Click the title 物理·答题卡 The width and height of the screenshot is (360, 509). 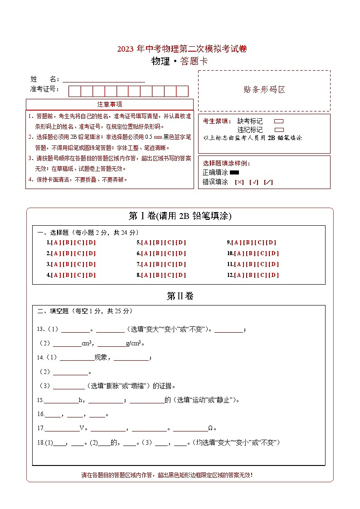tap(180, 62)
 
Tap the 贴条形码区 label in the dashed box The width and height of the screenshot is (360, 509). tap(264, 90)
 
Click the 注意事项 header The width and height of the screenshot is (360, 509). tap(110, 105)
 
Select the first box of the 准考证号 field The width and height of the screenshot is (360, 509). tap(74, 91)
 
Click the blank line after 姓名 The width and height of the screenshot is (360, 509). tap(103, 79)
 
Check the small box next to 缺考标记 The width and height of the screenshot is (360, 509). tap(279, 121)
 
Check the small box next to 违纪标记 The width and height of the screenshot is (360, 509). tap(279, 130)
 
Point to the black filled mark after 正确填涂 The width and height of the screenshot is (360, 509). tap(234, 172)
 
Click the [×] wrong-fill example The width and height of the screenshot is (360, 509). tap(239, 182)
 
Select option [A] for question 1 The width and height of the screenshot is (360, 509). tap(56, 242)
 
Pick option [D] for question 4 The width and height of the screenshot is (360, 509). tap(91, 275)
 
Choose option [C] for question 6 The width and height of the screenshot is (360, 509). tap(169, 253)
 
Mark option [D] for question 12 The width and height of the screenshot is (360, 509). tap(274, 275)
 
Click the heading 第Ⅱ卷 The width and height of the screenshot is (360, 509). tap(180, 296)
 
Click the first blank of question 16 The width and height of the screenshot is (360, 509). tap(52, 414)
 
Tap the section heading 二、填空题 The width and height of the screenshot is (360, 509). tap(53, 311)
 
